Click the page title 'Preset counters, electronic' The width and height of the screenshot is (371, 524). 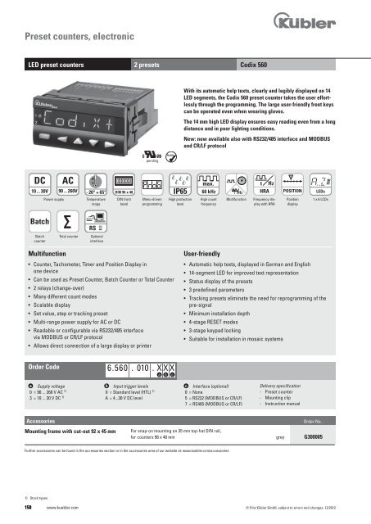(75, 36)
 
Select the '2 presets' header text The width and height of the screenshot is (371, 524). (150, 62)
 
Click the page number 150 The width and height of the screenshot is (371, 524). (30, 508)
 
